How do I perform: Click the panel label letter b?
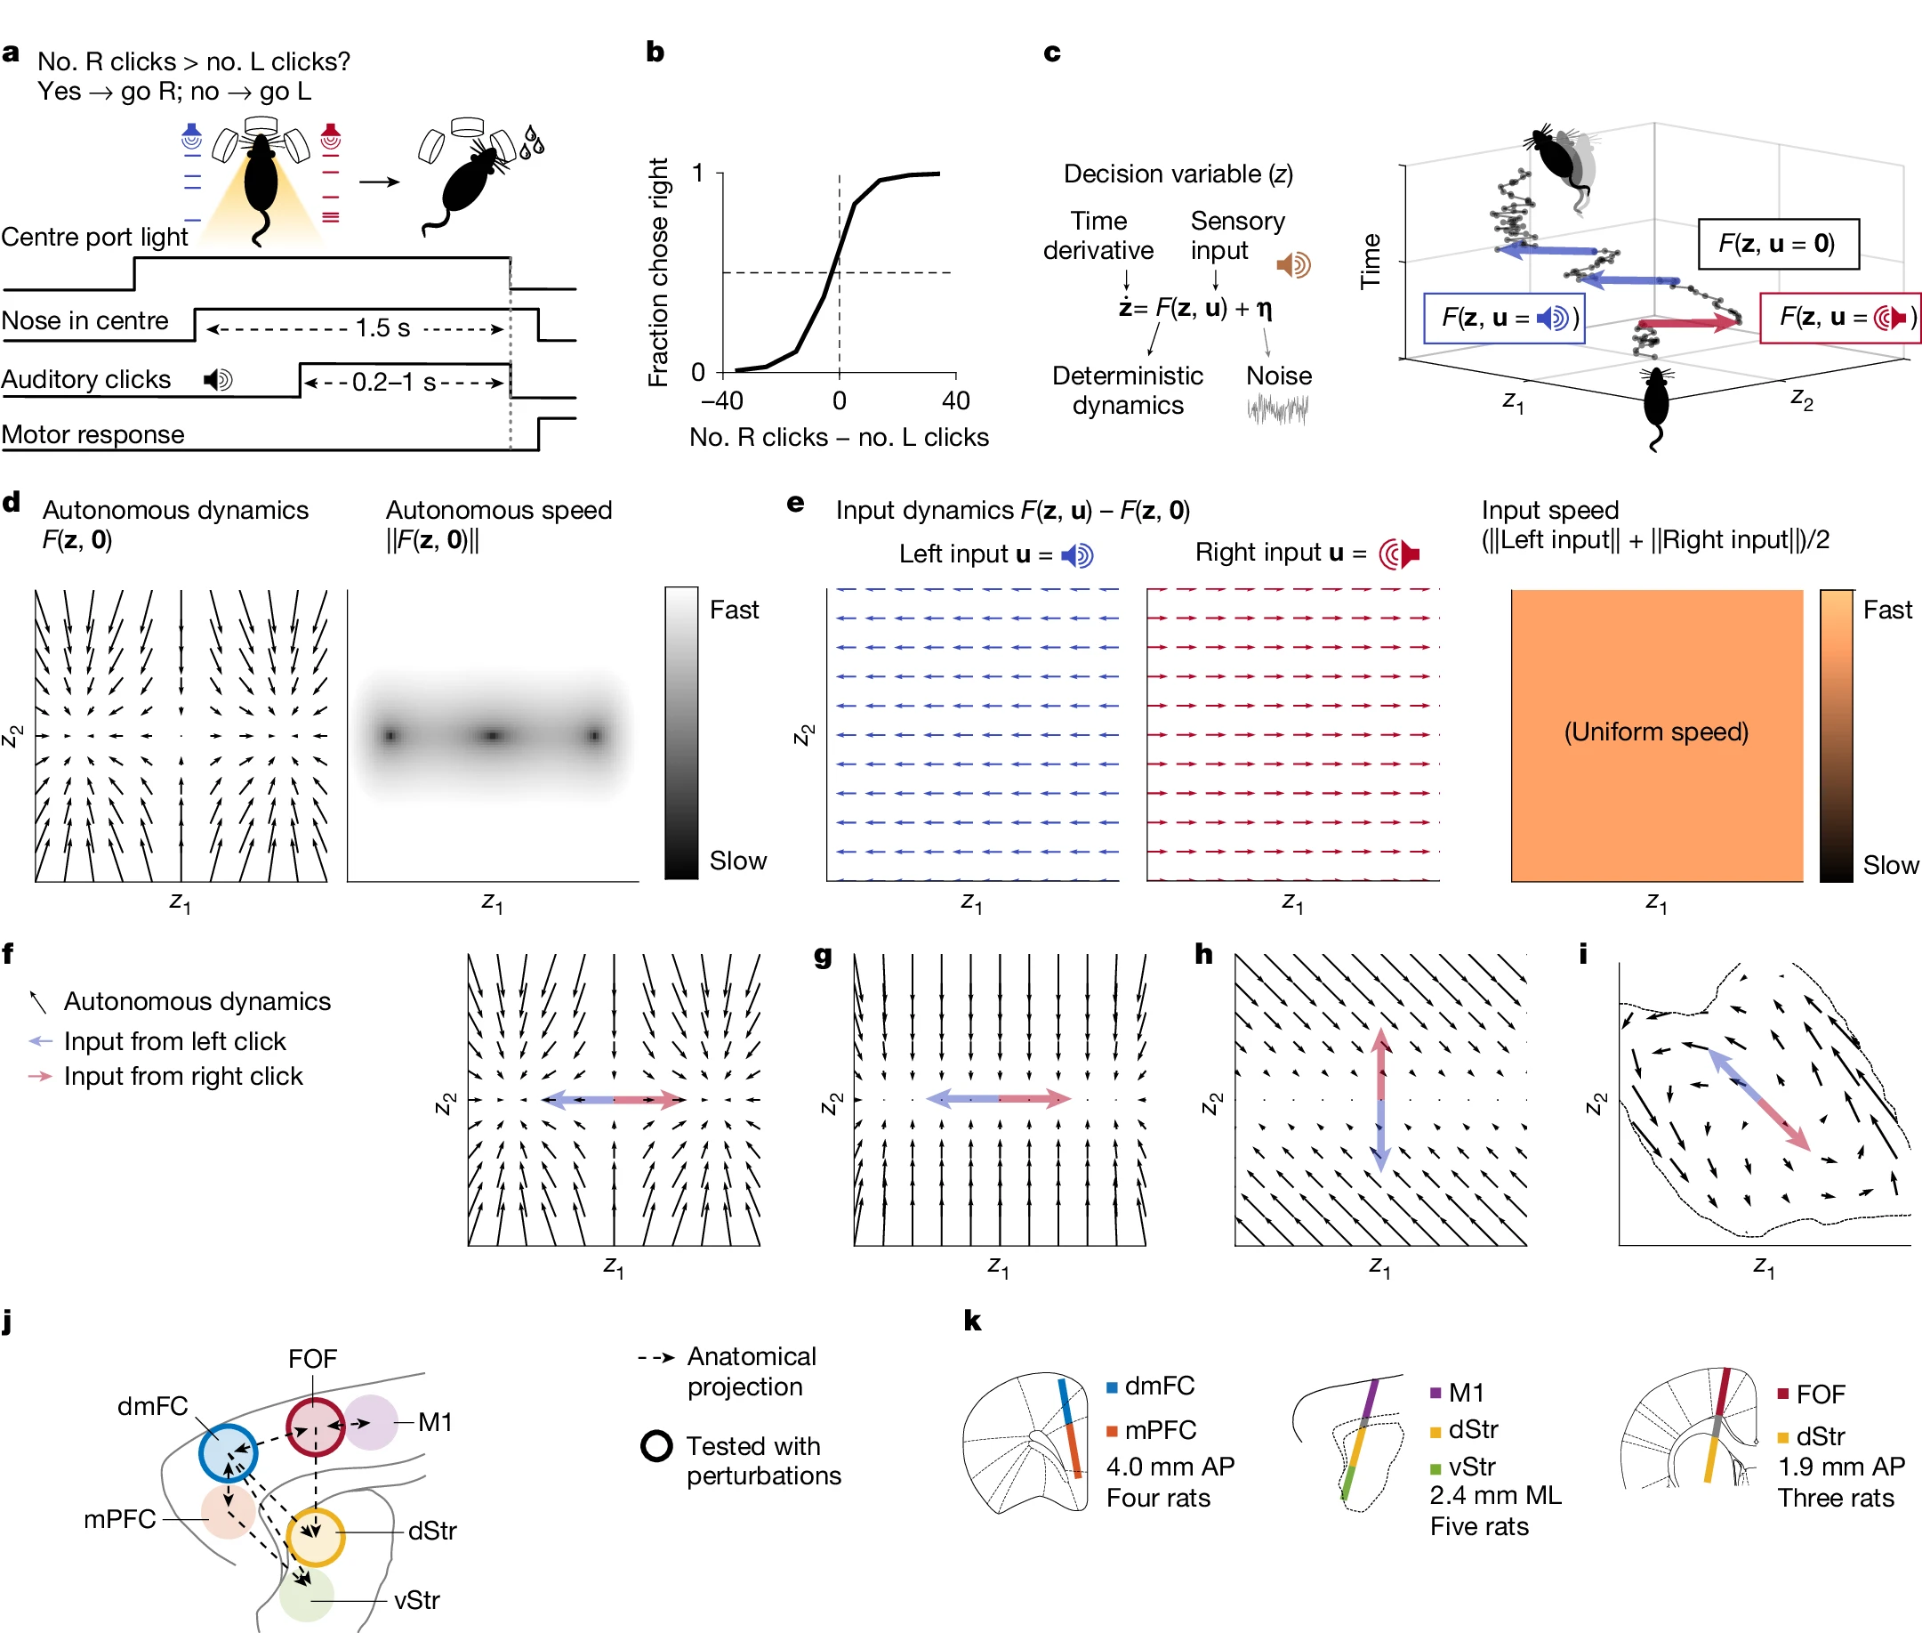pos(655,52)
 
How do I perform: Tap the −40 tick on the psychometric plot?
pos(722,400)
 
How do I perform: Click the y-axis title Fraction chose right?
pos(658,272)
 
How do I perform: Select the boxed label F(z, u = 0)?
pos(1777,244)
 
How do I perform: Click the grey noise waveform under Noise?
pos(1277,408)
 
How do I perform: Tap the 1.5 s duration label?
pos(382,327)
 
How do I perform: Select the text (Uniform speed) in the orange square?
pos(1655,732)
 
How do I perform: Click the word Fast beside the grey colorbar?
pos(734,610)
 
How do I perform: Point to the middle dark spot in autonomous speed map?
pos(493,736)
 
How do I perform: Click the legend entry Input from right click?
pos(182,1076)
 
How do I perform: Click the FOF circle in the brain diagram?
pos(315,1427)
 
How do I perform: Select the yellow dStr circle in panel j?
pos(316,1537)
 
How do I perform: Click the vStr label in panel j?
pos(416,1600)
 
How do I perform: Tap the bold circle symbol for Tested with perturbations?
pos(656,1446)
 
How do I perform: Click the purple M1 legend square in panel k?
pos(1435,1393)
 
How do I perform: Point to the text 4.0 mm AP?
pos(1170,1467)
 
